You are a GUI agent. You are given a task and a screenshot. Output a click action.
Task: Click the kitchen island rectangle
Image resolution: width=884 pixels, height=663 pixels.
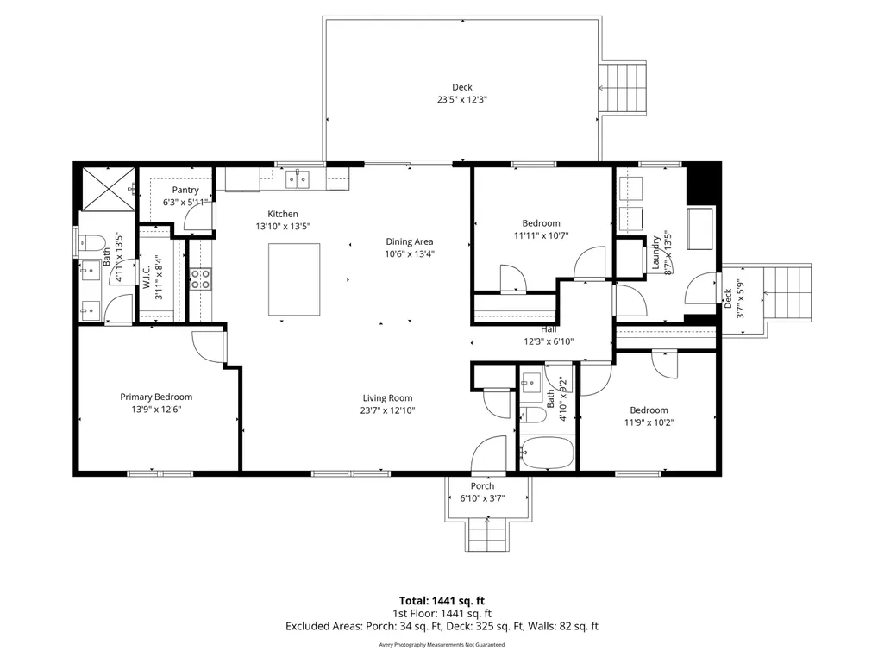tap(294, 279)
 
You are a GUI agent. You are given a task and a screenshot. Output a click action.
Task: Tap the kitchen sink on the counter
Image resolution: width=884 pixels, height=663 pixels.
tap(297, 180)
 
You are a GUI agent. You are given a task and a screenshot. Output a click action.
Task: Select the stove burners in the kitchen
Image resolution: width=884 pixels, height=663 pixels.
tap(200, 279)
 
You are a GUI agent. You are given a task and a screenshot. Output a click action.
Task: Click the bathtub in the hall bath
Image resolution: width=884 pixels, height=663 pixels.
tap(547, 452)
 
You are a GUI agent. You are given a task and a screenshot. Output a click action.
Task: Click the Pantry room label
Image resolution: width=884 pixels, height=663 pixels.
tap(185, 190)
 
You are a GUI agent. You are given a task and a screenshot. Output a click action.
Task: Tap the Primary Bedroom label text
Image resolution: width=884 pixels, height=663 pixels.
tap(156, 397)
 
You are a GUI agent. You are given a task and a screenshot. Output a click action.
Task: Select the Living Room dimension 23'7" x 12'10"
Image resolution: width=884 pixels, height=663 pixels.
tap(387, 410)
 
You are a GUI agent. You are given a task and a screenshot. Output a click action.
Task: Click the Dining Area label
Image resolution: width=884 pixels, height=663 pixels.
tap(410, 242)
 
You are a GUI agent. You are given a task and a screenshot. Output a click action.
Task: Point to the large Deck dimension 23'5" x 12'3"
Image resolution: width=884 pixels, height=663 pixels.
tap(462, 100)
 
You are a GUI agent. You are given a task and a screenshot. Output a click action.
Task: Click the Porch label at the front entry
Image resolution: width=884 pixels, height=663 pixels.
tap(483, 486)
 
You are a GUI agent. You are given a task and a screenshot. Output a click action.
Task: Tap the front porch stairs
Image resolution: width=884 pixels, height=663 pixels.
tap(487, 535)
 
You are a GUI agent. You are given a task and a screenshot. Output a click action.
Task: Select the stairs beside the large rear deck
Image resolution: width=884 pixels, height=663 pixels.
tap(623, 88)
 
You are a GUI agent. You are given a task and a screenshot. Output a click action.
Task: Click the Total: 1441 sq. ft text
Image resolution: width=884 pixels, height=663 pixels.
tap(442, 601)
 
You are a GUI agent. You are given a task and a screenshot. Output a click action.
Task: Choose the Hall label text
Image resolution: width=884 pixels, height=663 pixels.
tap(549, 329)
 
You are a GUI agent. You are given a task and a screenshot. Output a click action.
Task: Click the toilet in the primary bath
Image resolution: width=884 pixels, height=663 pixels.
tap(93, 243)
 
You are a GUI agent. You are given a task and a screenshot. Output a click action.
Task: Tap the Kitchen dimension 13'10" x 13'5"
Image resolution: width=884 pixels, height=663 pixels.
tap(283, 227)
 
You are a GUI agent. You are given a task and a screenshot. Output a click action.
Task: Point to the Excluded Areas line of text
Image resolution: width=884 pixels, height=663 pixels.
tap(442, 626)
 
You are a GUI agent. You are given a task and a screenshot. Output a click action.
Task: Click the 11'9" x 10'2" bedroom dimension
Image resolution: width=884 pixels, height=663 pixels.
tap(649, 422)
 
